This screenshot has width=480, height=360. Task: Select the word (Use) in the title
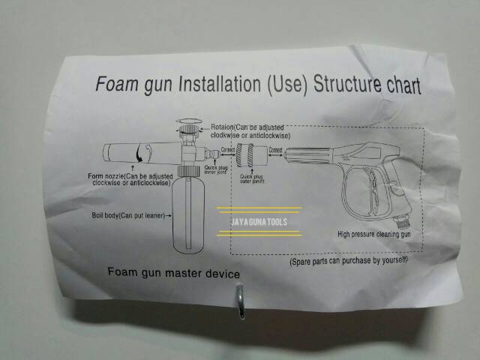286,83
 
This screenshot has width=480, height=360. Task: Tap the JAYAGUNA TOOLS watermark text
259,221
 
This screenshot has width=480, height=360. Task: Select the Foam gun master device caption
174,272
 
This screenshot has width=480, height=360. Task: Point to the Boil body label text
125,215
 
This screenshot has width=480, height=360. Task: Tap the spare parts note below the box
349,260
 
